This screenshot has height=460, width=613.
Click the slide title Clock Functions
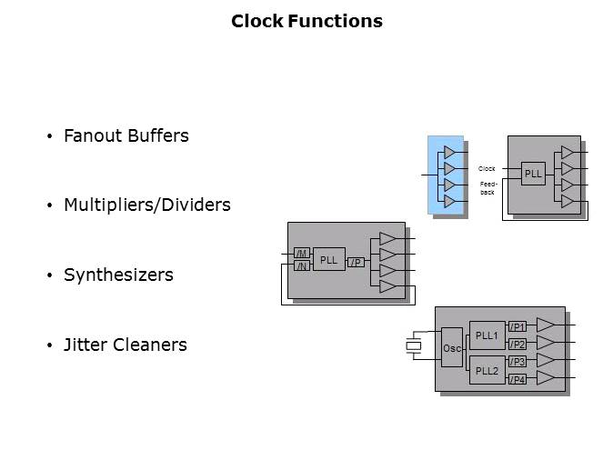(306, 21)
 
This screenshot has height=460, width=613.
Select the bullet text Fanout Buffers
(126, 136)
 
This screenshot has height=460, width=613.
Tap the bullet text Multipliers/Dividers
(147, 205)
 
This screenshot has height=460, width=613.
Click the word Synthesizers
(118, 275)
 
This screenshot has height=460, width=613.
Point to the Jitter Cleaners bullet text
(126, 345)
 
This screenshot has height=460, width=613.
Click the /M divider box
(302, 253)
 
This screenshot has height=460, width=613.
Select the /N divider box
(302, 265)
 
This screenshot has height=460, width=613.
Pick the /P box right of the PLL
(357, 263)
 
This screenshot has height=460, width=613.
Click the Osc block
(452, 348)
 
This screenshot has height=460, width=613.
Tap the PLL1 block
(487, 336)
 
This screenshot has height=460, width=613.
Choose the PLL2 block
(487, 370)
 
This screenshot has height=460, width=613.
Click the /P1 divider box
(518, 327)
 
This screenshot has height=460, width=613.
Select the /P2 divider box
(518, 345)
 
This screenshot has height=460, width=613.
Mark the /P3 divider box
(518, 362)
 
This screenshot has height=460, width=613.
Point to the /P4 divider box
(518, 379)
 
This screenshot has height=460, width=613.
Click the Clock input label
(487, 168)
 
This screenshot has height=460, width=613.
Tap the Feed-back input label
(487, 188)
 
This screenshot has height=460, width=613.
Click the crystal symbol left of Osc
(415, 345)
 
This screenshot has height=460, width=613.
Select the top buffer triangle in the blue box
(448, 152)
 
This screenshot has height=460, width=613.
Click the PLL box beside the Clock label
(533, 173)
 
